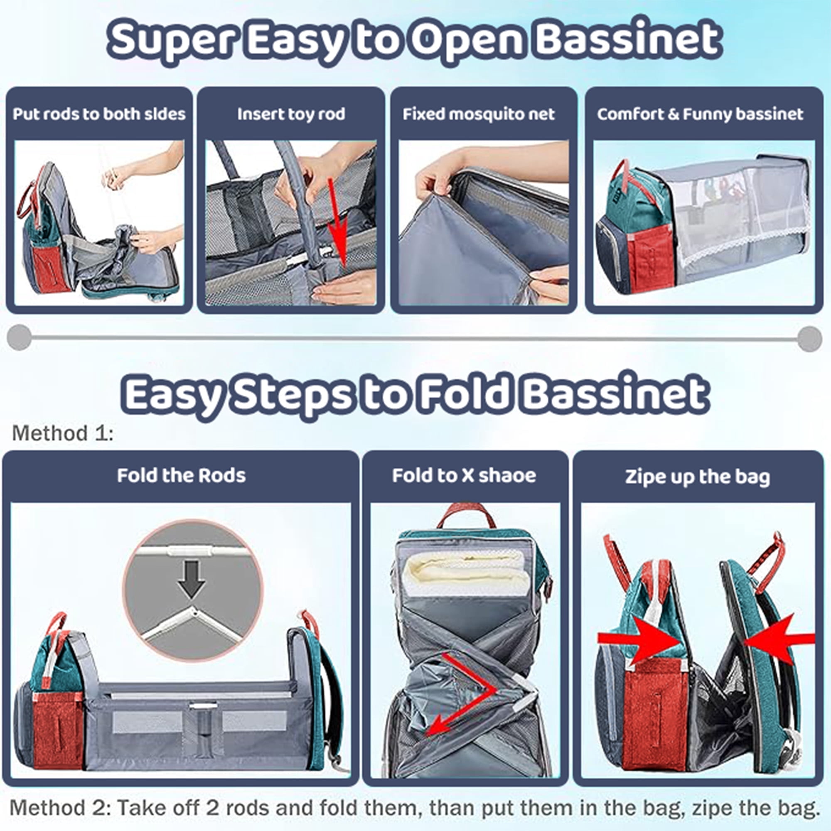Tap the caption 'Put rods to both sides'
tap(99, 114)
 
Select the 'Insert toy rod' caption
tap(291, 114)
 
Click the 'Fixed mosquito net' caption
tap(479, 114)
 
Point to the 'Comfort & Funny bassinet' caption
tap(700, 114)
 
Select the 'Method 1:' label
tap(63, 433)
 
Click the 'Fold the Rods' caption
tap(181, 476)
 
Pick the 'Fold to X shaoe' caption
tap(464, 476)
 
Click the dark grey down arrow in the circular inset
tap(192, 579)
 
